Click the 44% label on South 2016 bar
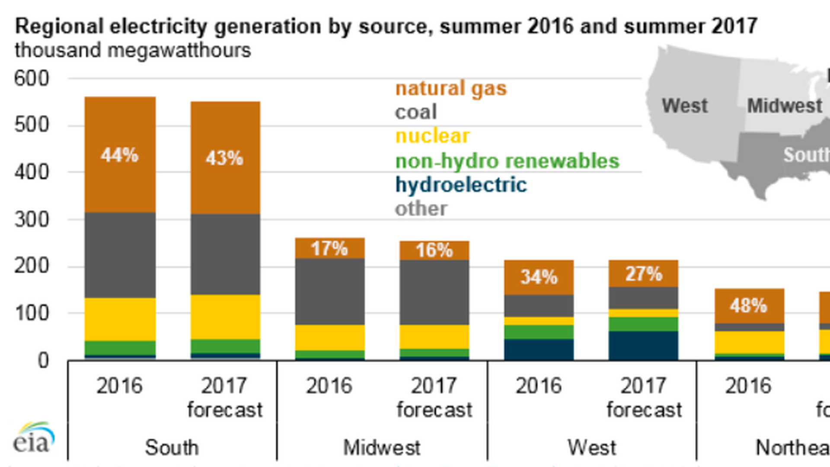click(x=120, y=155)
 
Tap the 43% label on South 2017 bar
click(x=224, y=158)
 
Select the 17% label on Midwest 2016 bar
click(x=329, y=249)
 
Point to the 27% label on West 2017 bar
click(x=644, y=274)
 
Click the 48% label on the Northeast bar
click(x=749, y=306)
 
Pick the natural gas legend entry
click(x=451, y=89)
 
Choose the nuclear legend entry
click(x=432, y=136)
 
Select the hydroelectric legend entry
click(x=461, y=185)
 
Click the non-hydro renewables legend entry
click(x=507, y=161)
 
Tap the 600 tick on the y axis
click(x=32, y=79)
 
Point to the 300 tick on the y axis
click(x=32, y=220)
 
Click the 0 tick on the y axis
click(x=43, y=360)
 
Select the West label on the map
click(x=685, y=106)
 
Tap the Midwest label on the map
click(x=785, y=106)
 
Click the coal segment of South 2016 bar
click(x=120, y=255)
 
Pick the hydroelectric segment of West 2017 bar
click(x=643, y=345)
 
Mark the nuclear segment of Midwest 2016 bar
click(x=329, y=337)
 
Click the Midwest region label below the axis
click(x=382, y=448)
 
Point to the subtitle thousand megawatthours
click(x=133, y=51)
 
